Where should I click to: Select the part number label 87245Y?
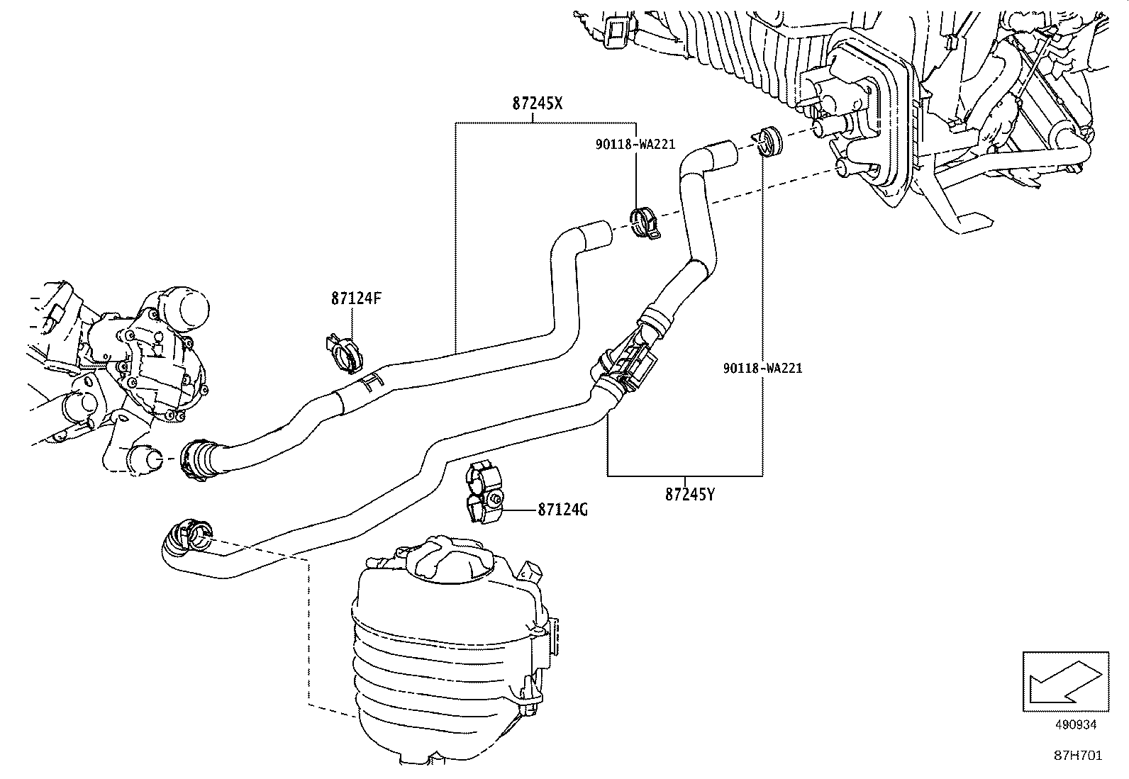coord(689,494)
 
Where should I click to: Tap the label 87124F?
coord(356,298)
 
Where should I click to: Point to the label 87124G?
coord(562,510)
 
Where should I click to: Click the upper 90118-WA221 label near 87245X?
coord(635,145)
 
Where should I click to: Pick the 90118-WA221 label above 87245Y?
coord(762,368)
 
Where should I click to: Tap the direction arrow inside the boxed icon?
coord(1064,681)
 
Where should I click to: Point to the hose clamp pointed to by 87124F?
coord(346,352)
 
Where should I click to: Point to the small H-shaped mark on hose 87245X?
coord(369,382)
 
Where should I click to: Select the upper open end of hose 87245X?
coord(597,233)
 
